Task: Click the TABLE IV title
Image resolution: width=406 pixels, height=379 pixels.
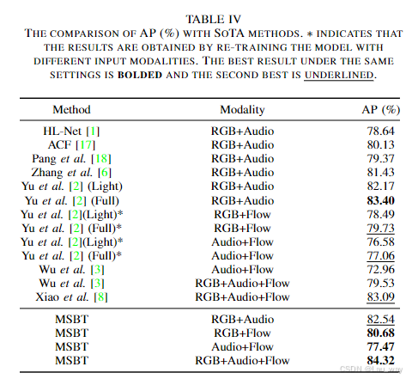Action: (203, 18)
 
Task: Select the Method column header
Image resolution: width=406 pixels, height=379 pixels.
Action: (72, 111)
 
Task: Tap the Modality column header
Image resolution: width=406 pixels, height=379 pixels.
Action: (242, 111)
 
